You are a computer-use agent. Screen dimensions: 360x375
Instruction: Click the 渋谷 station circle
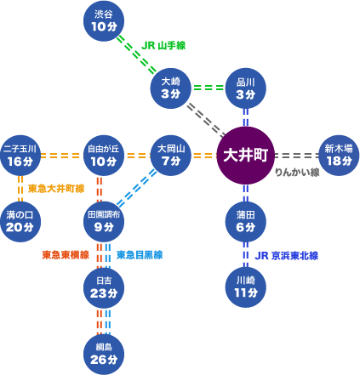[104, 20]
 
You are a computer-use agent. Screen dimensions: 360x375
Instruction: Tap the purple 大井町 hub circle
[246, 156]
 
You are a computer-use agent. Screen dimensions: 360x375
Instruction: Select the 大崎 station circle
[171, 88]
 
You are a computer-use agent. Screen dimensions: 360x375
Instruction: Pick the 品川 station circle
[246, 88]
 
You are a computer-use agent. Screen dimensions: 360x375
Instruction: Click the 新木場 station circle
[339, 156]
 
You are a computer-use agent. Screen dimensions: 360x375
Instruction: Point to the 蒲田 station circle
[246, 222]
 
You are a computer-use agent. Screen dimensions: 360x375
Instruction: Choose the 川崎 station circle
[246, 287]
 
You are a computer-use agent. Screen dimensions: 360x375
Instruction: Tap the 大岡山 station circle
[171, 156]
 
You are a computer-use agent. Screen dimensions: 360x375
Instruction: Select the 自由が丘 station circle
[104, 156]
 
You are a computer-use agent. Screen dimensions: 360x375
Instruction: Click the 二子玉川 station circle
[20, 156]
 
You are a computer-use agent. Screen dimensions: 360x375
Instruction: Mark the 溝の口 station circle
[20, 222]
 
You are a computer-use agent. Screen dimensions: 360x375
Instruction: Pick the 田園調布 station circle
[104, 222]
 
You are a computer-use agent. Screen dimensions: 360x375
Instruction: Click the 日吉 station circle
[104, 288]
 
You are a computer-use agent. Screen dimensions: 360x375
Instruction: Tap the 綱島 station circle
[104, 355]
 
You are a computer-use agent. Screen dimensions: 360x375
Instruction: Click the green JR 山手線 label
[163, 45]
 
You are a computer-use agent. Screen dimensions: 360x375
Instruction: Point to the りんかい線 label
[297, 173]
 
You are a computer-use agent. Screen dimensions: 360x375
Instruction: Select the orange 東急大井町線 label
[56, 189]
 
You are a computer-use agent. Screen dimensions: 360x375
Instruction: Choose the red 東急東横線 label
[66, 255]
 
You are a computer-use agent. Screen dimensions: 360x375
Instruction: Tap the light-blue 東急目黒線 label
[140, 255]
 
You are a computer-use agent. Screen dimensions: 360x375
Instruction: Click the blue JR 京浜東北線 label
[287, 256]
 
